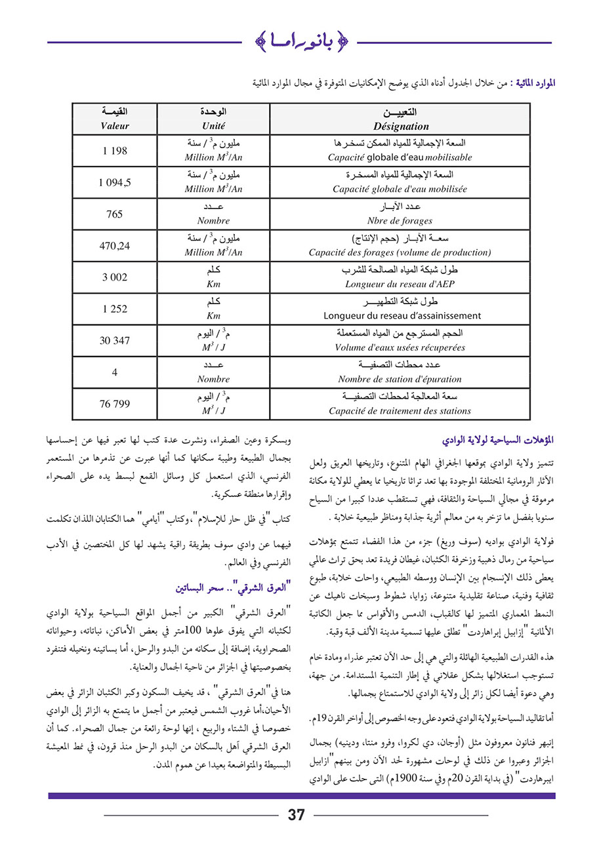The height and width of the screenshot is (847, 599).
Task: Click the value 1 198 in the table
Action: pos(115,151)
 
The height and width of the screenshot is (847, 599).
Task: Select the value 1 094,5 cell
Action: pos(115,183)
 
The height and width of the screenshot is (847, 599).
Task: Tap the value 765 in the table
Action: pos(115,214)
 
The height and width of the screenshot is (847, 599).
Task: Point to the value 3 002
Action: pos(115,278)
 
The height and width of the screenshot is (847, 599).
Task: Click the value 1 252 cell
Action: pos(115,309)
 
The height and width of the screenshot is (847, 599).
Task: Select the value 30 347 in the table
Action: pos(115,341)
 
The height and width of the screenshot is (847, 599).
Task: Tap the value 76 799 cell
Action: pos(115,404)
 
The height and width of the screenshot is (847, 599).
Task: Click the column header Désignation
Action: pos(400,127)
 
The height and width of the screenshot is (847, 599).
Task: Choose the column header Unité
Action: pos(213,126)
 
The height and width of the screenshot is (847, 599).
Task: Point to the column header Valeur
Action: pos(115,126)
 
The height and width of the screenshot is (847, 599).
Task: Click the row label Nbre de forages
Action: pos(400,221)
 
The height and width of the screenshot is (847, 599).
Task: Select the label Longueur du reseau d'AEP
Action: pos(400,284)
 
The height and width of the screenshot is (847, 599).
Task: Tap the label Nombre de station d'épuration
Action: pos(400,379)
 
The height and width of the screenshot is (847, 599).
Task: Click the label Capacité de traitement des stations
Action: pos(400,411)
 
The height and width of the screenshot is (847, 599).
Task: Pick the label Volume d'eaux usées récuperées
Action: pos(400,347)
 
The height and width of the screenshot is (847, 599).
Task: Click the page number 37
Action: pos(296,815)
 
